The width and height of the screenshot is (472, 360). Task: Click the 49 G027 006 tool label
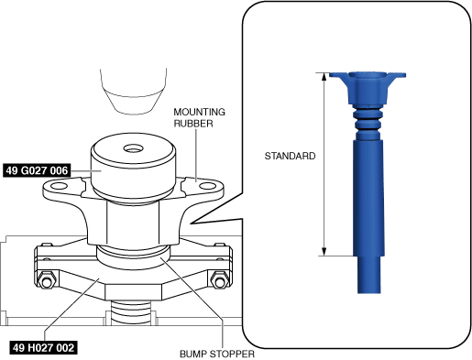pyautogui.click(x=37, y=170)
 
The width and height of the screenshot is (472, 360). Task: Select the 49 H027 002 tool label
pyautogui.click(x=43, y=347)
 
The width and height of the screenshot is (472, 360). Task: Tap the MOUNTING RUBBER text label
pyautogui.click(x=199, y=117)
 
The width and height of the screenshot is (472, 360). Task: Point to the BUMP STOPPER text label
pyautogui.click(x=217, y=354)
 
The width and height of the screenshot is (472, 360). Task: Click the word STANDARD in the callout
pyautogui.click(x=290, y=156)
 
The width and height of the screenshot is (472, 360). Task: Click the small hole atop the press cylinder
pyautogui.click(x=134, y=149)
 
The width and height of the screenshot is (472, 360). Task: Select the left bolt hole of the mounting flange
pyautogui.click(x=59, y=186)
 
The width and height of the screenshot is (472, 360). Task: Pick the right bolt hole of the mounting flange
pyautogui.click(x=207, y=186)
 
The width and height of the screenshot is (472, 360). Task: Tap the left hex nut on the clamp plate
pyautogui.click(x=47, y=280)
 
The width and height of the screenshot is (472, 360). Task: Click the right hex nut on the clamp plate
pyautogui.click(x=220, y=280)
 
